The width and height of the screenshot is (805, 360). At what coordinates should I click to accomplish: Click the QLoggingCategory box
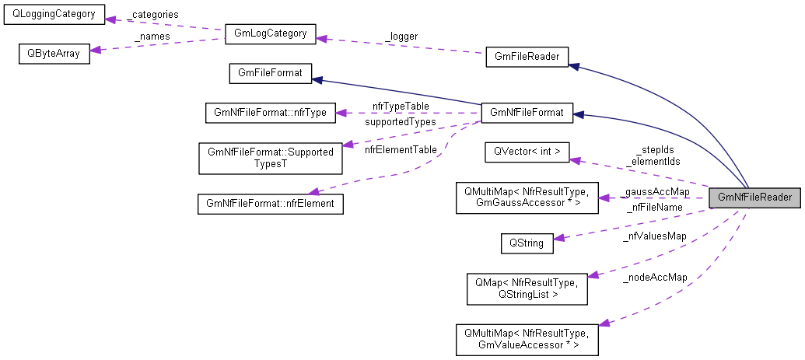pyautogui.click(x=54, y=16)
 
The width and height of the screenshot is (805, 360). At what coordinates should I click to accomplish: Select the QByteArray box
pyautogui.click(x=54, y=54)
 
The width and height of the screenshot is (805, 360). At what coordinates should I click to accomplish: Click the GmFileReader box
pyautogui.click(x=527, y=57)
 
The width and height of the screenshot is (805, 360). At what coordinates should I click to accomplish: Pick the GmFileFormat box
pyautogui.click(x=270, y=73)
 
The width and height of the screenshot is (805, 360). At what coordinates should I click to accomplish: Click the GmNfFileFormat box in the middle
pyautogui.click(x=527, y=113)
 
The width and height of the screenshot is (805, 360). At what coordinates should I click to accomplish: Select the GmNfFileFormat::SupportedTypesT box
pyautogui.click(x=270, y=157)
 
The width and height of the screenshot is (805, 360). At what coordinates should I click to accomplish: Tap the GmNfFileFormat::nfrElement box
pyautogui.click(x=270, y=204)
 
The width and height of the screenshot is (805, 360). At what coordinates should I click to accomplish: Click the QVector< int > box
pyautogui.click(x=527, y=152)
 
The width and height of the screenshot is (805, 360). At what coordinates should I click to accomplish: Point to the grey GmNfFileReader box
pyautogui.click(x=754, y=197)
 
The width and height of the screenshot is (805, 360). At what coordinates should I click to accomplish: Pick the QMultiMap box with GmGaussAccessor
pyautogui.click(x=527, y=197)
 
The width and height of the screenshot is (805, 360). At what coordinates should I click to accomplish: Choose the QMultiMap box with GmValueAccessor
pyautogui.click(x=527, y=339)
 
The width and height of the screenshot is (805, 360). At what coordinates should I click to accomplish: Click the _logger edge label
pyautogui.click(x=401, y=36)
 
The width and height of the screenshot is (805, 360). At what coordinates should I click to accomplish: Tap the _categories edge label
pyautogui.click(x=153, y=14)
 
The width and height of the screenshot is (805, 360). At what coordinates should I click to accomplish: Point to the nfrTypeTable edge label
pyautogui.click(x=401, y=105)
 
